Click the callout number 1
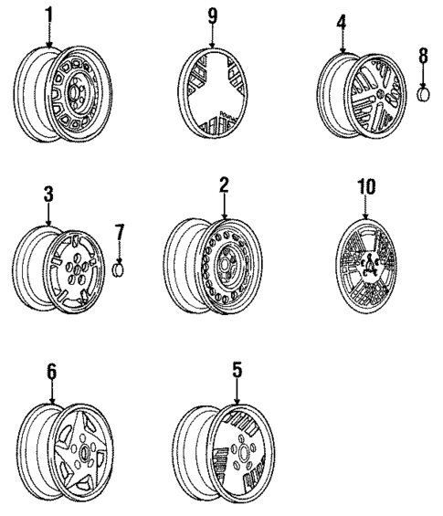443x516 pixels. click(48, 16)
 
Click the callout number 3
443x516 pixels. click(49, 195)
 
